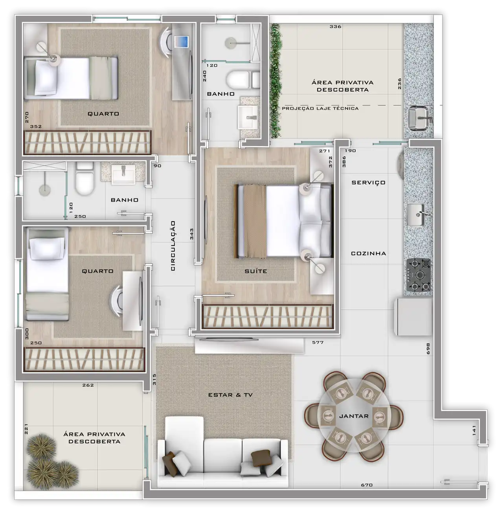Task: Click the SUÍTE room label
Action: click(x=255, y=271)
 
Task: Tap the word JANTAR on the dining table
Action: click(x=354, y=416)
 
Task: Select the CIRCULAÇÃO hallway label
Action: click(x=173, y=246)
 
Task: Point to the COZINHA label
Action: click(x=369, y=253)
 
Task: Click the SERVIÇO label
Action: click(x=369, y=183)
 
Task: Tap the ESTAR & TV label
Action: click(x=230, y=395)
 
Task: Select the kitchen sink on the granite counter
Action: click(x=416, y=215)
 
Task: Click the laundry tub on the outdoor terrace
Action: click(x=418, y=118)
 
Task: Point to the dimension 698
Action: click(x=428, y=349)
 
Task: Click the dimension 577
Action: click(x=318, y=342)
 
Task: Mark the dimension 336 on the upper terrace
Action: click(x=336, y=26)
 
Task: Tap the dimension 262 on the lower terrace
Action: click(x=88, y=385)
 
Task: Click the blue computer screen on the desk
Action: click(x=182, y=42)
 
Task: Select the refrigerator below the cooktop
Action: click(x=413, y=317)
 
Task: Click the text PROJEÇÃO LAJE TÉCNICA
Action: click(x=320, y=108)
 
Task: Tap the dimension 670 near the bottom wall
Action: click(x=367, y=485)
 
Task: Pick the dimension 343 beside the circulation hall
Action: click(x=191, y=234)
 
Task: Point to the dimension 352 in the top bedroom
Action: click(x=36, y=126)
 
